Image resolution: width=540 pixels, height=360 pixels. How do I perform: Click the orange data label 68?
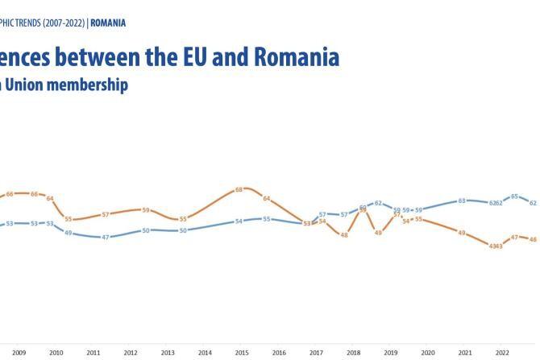239,190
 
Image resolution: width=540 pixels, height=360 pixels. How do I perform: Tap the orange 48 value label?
344,234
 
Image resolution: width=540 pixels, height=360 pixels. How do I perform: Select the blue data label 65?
516,197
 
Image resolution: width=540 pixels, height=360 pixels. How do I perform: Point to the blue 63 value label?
462,201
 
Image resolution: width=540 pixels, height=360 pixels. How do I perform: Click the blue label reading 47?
106,238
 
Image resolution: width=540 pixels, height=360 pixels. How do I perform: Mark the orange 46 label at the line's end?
532,239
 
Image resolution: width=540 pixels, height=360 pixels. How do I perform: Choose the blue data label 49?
69,233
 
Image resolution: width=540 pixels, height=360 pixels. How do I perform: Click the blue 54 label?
239,221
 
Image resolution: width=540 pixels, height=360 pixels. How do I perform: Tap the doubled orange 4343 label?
496,246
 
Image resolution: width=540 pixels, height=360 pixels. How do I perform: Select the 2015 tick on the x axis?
242,353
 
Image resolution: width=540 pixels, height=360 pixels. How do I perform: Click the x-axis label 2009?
19,353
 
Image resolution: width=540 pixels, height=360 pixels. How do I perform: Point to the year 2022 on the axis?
501,353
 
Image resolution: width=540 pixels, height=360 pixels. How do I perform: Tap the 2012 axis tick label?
131,353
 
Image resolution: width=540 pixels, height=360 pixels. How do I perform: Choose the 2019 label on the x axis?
390,353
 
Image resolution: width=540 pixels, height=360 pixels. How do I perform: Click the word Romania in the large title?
297,57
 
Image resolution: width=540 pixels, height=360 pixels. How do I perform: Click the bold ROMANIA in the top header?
108,23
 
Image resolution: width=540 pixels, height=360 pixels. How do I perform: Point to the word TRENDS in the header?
23,23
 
